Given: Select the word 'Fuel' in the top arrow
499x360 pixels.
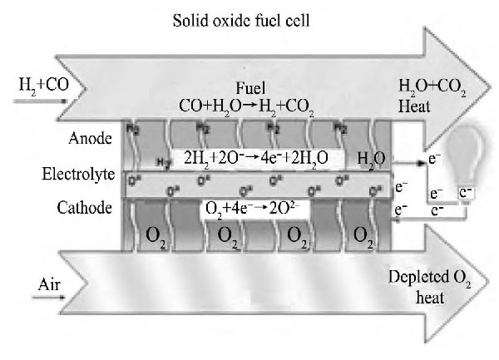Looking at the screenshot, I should click(x=249, y=88).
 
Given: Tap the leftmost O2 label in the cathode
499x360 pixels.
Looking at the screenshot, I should click(x=159, y=236).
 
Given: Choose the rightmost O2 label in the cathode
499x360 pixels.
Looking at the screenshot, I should click(x=363, y=236).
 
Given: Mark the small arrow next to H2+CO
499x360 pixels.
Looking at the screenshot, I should click(x=34, y=100).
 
